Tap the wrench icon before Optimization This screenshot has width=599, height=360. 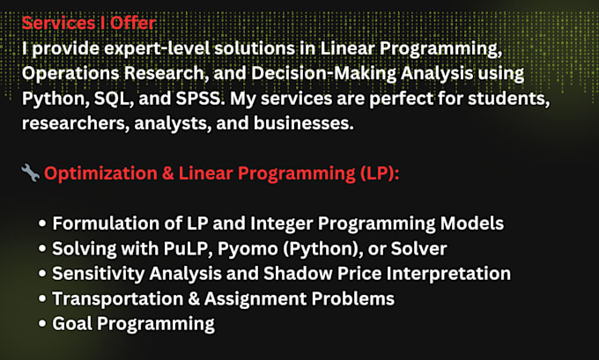tap(30, 173)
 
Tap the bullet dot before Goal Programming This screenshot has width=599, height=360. tap(43, 323)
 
